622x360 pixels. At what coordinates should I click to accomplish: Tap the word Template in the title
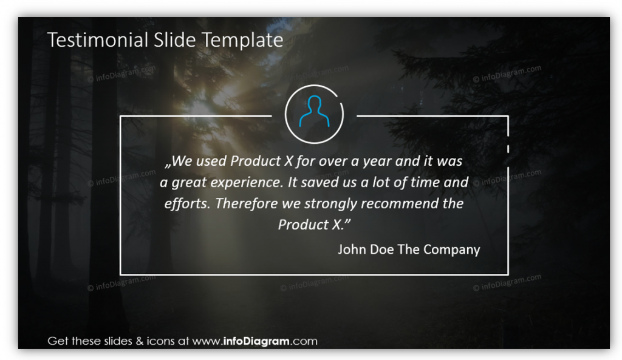[242, 41]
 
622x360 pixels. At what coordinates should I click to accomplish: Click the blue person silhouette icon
[314, 112]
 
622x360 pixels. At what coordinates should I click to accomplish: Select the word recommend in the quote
[400, 203]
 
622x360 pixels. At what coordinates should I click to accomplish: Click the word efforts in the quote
[187, 203]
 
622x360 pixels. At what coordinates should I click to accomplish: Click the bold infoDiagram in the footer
[256, 341]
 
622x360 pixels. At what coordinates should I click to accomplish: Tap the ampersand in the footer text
[139, 341]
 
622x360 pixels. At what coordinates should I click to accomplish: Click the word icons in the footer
[160, 341]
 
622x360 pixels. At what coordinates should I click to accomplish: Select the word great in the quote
[189, 183]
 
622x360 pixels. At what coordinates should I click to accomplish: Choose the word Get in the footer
[58, 341]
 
